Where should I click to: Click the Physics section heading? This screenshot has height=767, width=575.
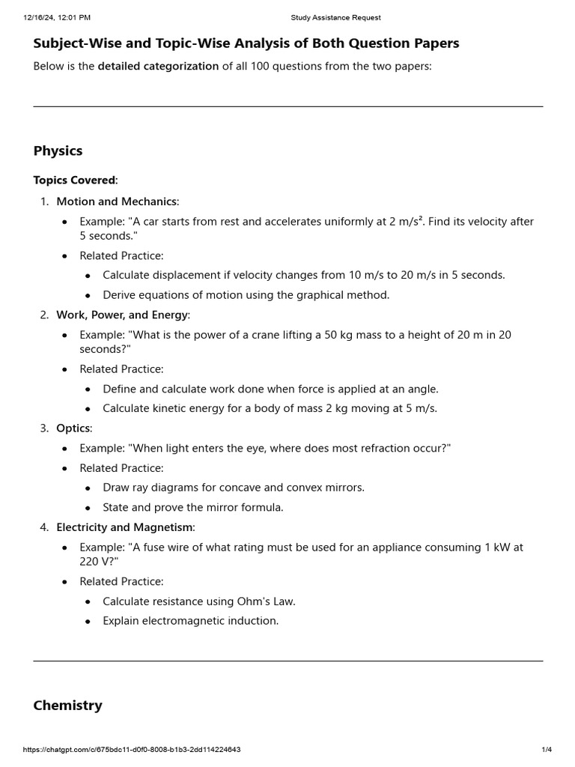pos(58,151)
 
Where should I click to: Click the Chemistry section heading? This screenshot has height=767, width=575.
pos(67,705)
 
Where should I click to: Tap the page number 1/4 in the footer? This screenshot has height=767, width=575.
pos(547,750)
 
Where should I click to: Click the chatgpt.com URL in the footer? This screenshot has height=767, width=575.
pos(132,750)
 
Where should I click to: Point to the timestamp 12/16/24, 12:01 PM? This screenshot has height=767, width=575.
pos(57,17)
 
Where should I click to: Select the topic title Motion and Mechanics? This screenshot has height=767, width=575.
pos(117,201)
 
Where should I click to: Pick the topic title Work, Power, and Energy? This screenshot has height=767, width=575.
pos(122,315)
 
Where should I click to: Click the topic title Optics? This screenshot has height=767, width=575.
pos(73,428)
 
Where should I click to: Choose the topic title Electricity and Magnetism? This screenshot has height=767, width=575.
pos(124,527)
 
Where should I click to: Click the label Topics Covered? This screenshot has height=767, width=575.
pos(74,180)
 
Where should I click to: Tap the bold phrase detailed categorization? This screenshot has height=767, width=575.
pos(158,66)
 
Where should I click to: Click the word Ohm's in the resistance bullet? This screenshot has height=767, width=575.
pos(241,601)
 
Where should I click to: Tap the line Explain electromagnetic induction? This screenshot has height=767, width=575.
pos(190,621)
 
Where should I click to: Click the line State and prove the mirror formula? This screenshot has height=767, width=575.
pos(193,507)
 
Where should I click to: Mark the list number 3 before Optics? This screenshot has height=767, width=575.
pos(43,428)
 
